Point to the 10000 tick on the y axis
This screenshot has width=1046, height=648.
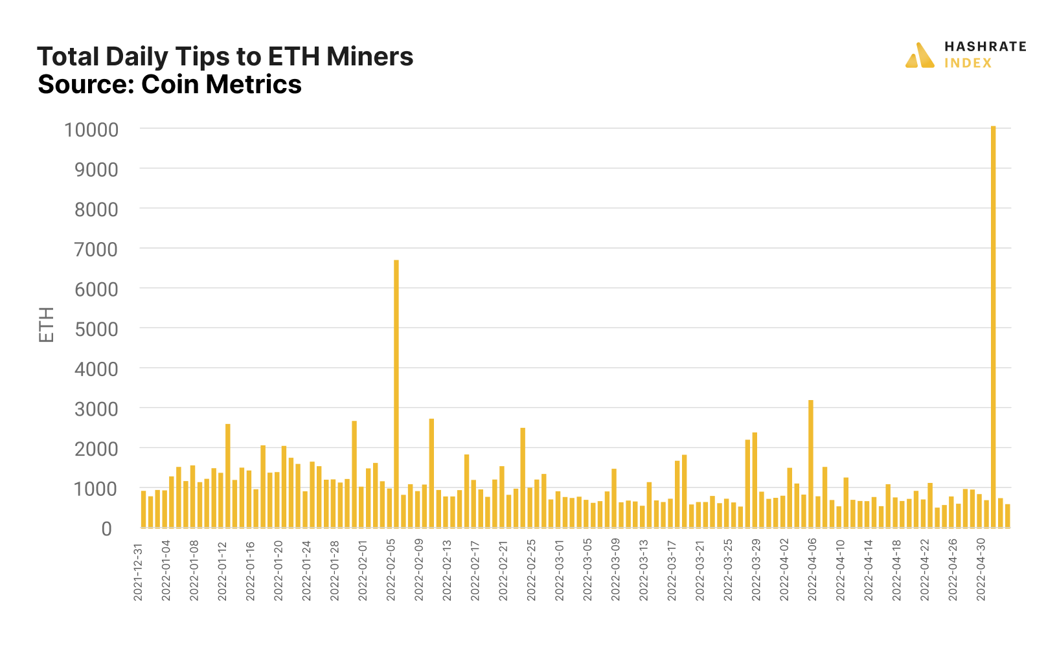click(91, 129)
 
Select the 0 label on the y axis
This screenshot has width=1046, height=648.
click(106, 529)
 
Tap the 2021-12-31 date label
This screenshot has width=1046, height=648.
click(138, 572)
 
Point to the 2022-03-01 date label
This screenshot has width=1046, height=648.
click(560, 572)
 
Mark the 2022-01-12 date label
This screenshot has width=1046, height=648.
click(222, 572)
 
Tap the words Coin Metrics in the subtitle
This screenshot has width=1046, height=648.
click(222, 85)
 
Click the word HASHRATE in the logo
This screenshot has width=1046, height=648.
click(984, 47)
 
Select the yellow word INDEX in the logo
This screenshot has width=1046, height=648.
click(968, 63)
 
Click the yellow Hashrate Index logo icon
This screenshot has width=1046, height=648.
click(920, 56)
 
